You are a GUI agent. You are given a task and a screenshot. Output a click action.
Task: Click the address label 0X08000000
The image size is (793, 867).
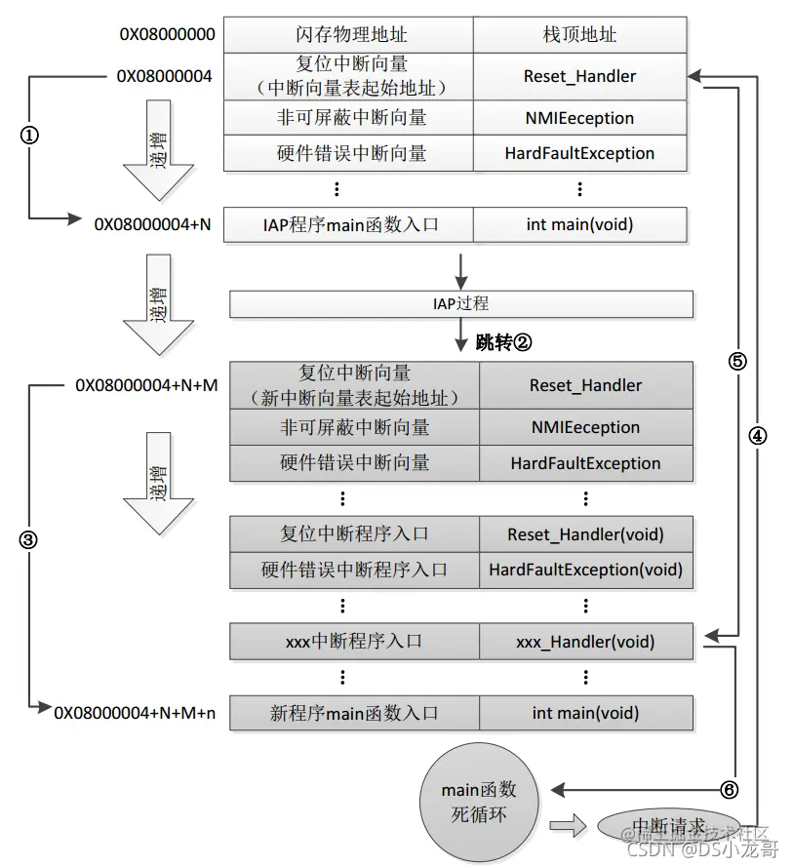167,35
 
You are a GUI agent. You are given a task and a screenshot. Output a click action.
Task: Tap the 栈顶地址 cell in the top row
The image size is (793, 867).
579,35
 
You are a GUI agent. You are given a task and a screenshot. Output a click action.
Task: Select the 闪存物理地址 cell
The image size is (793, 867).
348,35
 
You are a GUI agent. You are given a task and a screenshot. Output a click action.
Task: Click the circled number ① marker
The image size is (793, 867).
29,138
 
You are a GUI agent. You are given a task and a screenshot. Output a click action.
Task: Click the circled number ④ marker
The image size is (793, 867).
758,436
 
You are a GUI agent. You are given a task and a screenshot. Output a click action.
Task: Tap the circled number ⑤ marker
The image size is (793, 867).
737,361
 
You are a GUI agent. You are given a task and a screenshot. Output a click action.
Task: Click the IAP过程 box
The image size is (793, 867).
461,304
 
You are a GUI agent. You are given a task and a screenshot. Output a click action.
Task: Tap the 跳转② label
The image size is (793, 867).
503,342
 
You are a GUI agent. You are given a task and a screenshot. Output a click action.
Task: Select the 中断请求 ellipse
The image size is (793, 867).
669,826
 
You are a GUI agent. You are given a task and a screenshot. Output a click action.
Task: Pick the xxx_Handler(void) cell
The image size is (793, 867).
585,642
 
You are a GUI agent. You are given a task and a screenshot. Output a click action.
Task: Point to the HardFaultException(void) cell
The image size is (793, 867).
585,570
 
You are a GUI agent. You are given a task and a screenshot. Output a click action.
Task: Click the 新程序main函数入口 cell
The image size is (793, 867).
354,713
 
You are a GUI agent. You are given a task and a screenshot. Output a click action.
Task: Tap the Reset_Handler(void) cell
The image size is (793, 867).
585,534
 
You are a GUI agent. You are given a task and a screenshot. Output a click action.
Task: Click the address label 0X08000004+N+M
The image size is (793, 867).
146,385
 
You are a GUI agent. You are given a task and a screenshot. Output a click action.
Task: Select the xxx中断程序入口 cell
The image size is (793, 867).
354,642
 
